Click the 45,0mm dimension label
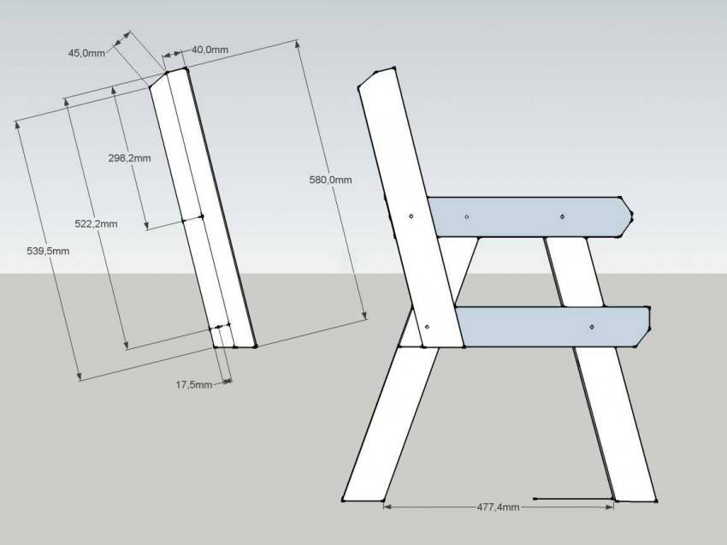(x=86, y=53)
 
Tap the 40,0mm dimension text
(x=210, y=50)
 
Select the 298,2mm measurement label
(x=129, y=157)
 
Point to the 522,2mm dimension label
(x=96, y=223)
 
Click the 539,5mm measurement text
(x=48, y=251)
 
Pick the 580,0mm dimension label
(x=331, y=180)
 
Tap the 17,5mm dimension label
(x=194, y=384)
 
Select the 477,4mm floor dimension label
(x=498, y=507)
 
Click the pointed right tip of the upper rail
(x=632, y=214)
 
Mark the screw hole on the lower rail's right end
(x=592, y=327)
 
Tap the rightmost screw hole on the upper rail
(x=562, y=216)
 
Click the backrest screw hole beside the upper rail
(x=411, y=216)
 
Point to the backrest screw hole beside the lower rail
(x=427, y=327)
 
